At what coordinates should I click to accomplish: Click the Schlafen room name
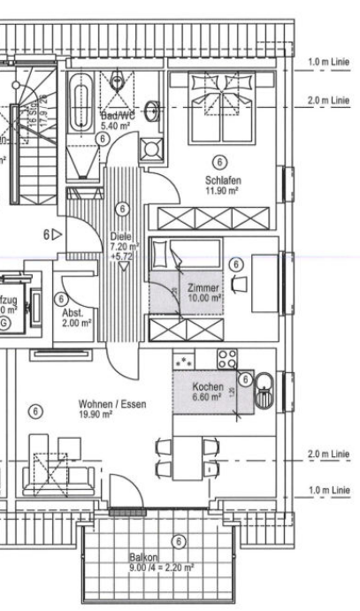[222, 179]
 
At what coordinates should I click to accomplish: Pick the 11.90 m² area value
[222, 190]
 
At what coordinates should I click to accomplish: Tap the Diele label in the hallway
[121, 236]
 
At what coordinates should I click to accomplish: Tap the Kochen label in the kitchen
[209, 387]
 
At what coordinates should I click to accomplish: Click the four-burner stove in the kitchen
[226, 359]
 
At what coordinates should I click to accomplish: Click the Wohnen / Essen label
[112, 403]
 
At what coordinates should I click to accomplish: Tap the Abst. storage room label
[73, 314]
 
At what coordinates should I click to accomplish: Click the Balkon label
[142, 559]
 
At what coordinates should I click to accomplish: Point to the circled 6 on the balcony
[180, 541]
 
